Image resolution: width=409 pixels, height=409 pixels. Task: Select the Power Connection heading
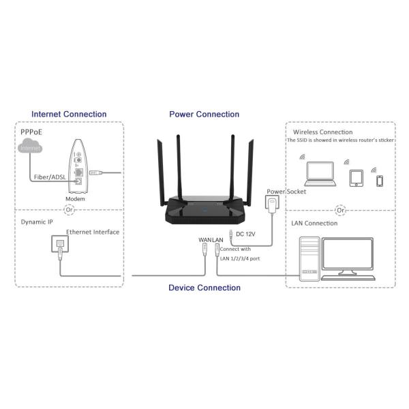pyautogui.click(x=204, y=115)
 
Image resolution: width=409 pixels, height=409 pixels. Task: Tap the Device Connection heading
pyautogui.click(x=204, y=288)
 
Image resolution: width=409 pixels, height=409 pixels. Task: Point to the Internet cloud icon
pyautogui.click(x=30, y=147)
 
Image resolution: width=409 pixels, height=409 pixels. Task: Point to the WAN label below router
pyautogui.click(x=204, y=240)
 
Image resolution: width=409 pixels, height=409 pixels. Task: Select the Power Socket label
pyautogui.click(x=286, y=192)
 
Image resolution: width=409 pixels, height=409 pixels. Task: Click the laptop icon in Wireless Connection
pyautogui.click(x=318, y=175)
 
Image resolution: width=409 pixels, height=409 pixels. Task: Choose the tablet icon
pyautogui.click(x=355, y=177)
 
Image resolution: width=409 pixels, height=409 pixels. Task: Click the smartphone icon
pyautogui.click(x=379, y=181)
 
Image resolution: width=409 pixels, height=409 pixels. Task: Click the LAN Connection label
pyautogui.click(x=315, y=223)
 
